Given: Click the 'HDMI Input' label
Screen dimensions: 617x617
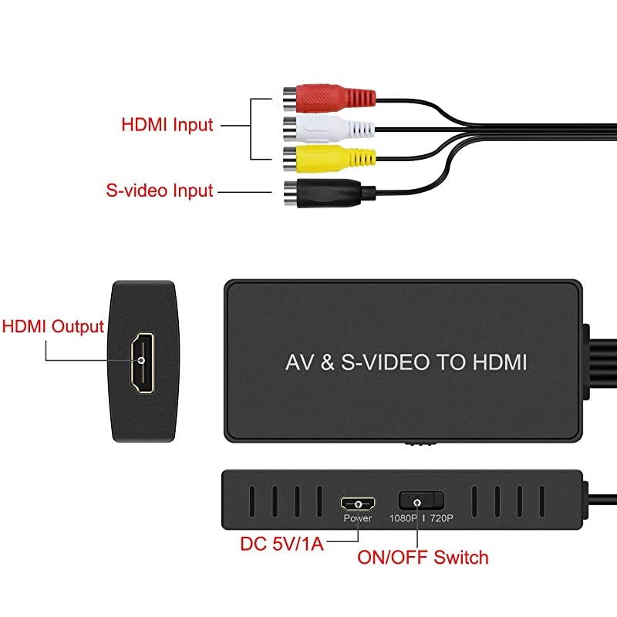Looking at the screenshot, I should click(x=167, y=123).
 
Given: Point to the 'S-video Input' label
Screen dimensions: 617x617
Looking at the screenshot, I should click(x=159, y=190).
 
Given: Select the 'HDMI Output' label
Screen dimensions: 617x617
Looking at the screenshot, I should click(x=53, y=325).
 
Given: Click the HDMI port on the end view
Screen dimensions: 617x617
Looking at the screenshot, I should click(x=143, y=361).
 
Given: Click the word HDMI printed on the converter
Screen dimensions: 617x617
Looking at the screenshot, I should click(x=497, y=362).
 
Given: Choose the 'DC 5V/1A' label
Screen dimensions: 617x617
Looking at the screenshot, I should click(x=282, y=545).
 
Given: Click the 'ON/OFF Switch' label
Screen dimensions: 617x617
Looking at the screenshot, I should click(x=423, y=557).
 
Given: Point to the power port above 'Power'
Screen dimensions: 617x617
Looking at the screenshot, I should click(x=358, y=504).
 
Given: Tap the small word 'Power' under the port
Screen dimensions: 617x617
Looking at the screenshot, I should click(x=358, y=518).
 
